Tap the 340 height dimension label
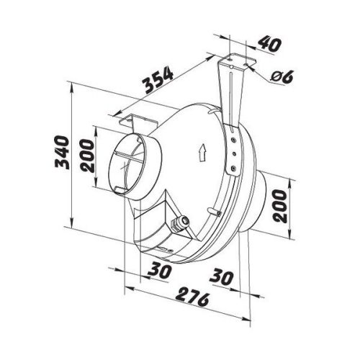click(62, 153)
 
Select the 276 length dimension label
click(192, 297)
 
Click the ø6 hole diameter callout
click(282, 76)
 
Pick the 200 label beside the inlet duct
click(87, 156)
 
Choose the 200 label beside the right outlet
click(280, 206)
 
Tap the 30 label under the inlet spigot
click(160, 271)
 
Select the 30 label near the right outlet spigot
click(221, 278)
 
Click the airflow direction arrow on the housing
click(203, 153)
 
